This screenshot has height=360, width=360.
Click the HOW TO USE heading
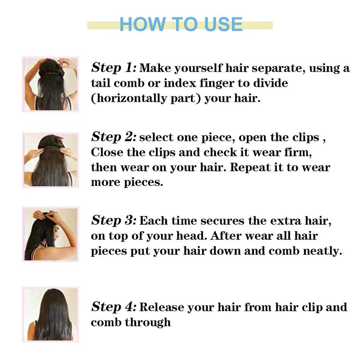[x=181, y=24]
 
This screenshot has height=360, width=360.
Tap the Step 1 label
[x=113, y=68]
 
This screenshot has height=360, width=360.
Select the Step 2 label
[x=113, y=137]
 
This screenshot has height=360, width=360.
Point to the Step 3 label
[x=113, y=220]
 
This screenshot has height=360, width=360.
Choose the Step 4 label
[x=113, y=307]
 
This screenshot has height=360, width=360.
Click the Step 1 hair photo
[x=50, y=84]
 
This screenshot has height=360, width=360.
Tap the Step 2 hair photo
[x=50, y=160]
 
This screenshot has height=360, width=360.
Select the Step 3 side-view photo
[x=50, y=234]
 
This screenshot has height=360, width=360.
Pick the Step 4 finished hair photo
[x=50, y=315]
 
